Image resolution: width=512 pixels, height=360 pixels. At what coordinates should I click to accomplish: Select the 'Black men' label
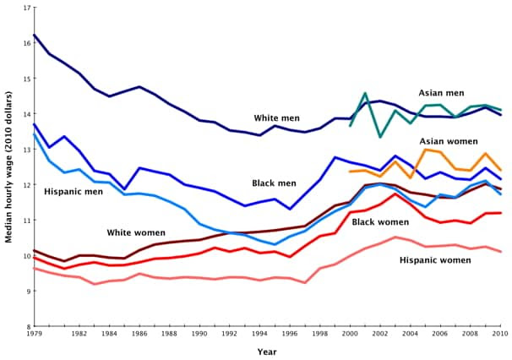click(274, 183)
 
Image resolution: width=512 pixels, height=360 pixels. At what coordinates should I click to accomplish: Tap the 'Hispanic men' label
click(74, 193)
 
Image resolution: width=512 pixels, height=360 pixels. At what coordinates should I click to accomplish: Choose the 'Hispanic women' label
click(435, 259)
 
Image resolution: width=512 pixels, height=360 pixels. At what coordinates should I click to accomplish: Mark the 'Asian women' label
click(448, 141)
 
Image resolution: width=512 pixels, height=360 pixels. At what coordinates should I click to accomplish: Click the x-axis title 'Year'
click(266, 351)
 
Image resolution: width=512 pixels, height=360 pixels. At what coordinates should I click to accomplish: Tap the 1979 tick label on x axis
click(34, 335)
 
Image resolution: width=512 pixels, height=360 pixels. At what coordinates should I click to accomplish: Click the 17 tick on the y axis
click(25, 8)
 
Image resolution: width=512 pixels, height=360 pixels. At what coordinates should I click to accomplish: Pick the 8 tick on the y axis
click(27, 326)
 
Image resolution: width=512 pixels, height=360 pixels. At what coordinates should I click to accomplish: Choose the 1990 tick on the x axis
click(199, 335)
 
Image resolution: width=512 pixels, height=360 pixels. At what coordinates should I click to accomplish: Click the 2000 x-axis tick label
click(351, 335)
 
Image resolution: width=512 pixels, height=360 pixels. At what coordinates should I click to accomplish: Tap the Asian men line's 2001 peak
click(365, 93)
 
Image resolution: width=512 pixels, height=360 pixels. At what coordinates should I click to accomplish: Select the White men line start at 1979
click(34, 35)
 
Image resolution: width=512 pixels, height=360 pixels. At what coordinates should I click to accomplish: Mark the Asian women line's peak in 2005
click(426, 149)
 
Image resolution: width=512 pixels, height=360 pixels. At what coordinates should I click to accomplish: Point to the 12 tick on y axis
click(25, 184)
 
